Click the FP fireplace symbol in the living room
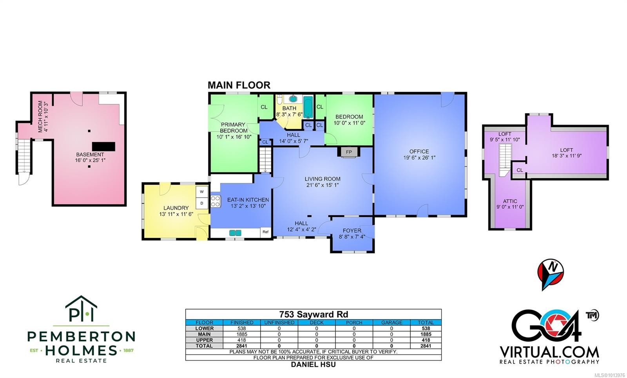349,152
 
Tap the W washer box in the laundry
202,192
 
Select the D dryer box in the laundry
202,203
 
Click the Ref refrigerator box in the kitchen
265,232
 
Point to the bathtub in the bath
308,107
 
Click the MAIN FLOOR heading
239,85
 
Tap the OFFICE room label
419,151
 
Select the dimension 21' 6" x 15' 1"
322,185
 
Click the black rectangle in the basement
103,146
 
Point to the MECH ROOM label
40,116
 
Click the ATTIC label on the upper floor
510,201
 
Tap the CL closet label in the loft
519,170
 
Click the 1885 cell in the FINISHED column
241,334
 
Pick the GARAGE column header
391,322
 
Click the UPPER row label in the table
204,340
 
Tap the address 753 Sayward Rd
313,314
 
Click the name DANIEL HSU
313,364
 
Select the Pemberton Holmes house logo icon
81,309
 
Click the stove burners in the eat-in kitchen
215,201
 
